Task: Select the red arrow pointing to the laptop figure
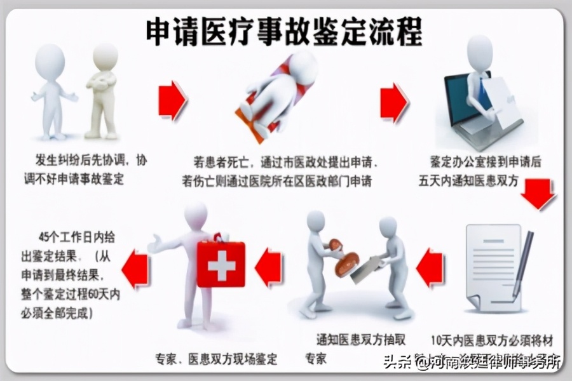[394, 102]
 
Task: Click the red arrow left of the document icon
[430, 267]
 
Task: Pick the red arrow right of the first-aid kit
[269, 267]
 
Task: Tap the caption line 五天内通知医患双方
[473, 182]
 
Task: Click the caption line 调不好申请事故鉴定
[71, 179]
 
